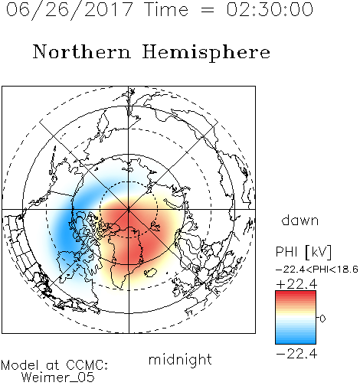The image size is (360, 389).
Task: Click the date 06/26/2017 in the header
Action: click(70, 9)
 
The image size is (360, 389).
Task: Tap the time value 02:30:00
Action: click(270, 9)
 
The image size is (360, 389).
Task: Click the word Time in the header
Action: click(166, 9)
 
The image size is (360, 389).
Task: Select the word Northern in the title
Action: click(82, 52)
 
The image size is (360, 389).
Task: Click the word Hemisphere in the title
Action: click(206, 53)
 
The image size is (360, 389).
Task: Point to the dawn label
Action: click(300, 221)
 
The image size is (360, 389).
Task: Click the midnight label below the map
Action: click(180, 359)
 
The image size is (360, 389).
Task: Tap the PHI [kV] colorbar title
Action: click(303, 252)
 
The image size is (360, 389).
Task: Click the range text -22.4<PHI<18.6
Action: click(317, 270)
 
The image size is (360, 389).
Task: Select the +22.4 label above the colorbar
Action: click(296, 284)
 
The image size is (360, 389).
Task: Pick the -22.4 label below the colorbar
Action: click(296, 354)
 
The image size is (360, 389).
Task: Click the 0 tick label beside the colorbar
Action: click(322, 319)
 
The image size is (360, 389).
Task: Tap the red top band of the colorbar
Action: click(296, 294)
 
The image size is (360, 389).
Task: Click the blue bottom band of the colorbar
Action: click(296, 341)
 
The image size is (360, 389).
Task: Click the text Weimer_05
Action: click(58, 378)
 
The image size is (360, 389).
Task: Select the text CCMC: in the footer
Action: click(87, 365)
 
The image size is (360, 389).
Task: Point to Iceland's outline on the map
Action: click(150, 273)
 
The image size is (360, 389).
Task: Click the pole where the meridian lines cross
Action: click(129, 210)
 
